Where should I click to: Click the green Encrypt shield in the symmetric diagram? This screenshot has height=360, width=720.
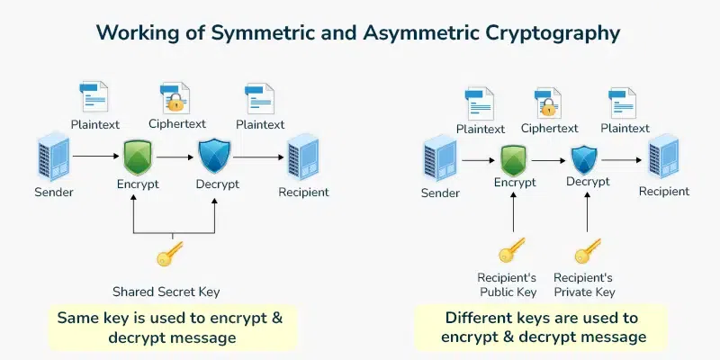coord(137,157)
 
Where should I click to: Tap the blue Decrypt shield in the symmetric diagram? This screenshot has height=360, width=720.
coord(215,157)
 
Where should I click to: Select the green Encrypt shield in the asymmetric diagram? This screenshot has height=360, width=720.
coord(513,160)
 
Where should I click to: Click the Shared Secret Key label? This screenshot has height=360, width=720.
coord(166,292)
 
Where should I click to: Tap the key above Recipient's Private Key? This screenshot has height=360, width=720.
coord(587,249)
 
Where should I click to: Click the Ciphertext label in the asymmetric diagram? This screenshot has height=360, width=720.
coord(550,129)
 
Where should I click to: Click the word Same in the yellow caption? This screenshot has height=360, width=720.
coord(78,318)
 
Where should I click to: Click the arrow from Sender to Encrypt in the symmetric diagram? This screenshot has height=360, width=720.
coord(95,157)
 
